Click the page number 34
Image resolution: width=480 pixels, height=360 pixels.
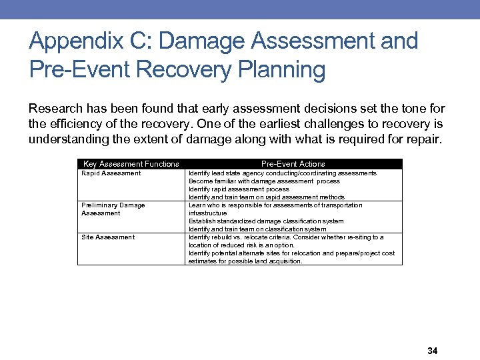pyautogui.click(x=431, y=351)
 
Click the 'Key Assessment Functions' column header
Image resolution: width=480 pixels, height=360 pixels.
pyautogui.click(x=131, y=164)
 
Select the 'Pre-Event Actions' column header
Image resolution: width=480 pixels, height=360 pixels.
pyautogui.click(x=293, y=164)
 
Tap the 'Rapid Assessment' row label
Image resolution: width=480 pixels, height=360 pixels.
pyautogui.click(x=111, y=173)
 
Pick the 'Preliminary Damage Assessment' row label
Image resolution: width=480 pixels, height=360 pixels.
pyautogui.click(x=113, y=209)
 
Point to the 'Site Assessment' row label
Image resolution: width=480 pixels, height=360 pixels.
pyautogui.click(x=108, y=237)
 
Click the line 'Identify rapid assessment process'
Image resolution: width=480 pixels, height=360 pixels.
pyautogui.click(x=239, y=189)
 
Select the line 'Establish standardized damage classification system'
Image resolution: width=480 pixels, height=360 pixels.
pyautogui.click(x=266, y=221)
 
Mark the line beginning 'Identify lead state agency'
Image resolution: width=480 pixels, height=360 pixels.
pyautogui.click(x=283, y=173)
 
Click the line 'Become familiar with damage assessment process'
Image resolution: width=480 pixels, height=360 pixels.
pyautogui.click(x=264, y=181)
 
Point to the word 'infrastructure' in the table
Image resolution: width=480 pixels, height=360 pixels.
pyautogui.click(x=207, y=213)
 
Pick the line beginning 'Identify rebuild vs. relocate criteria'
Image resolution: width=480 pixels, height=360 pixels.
pyautogui.click(x=286, y=237)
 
